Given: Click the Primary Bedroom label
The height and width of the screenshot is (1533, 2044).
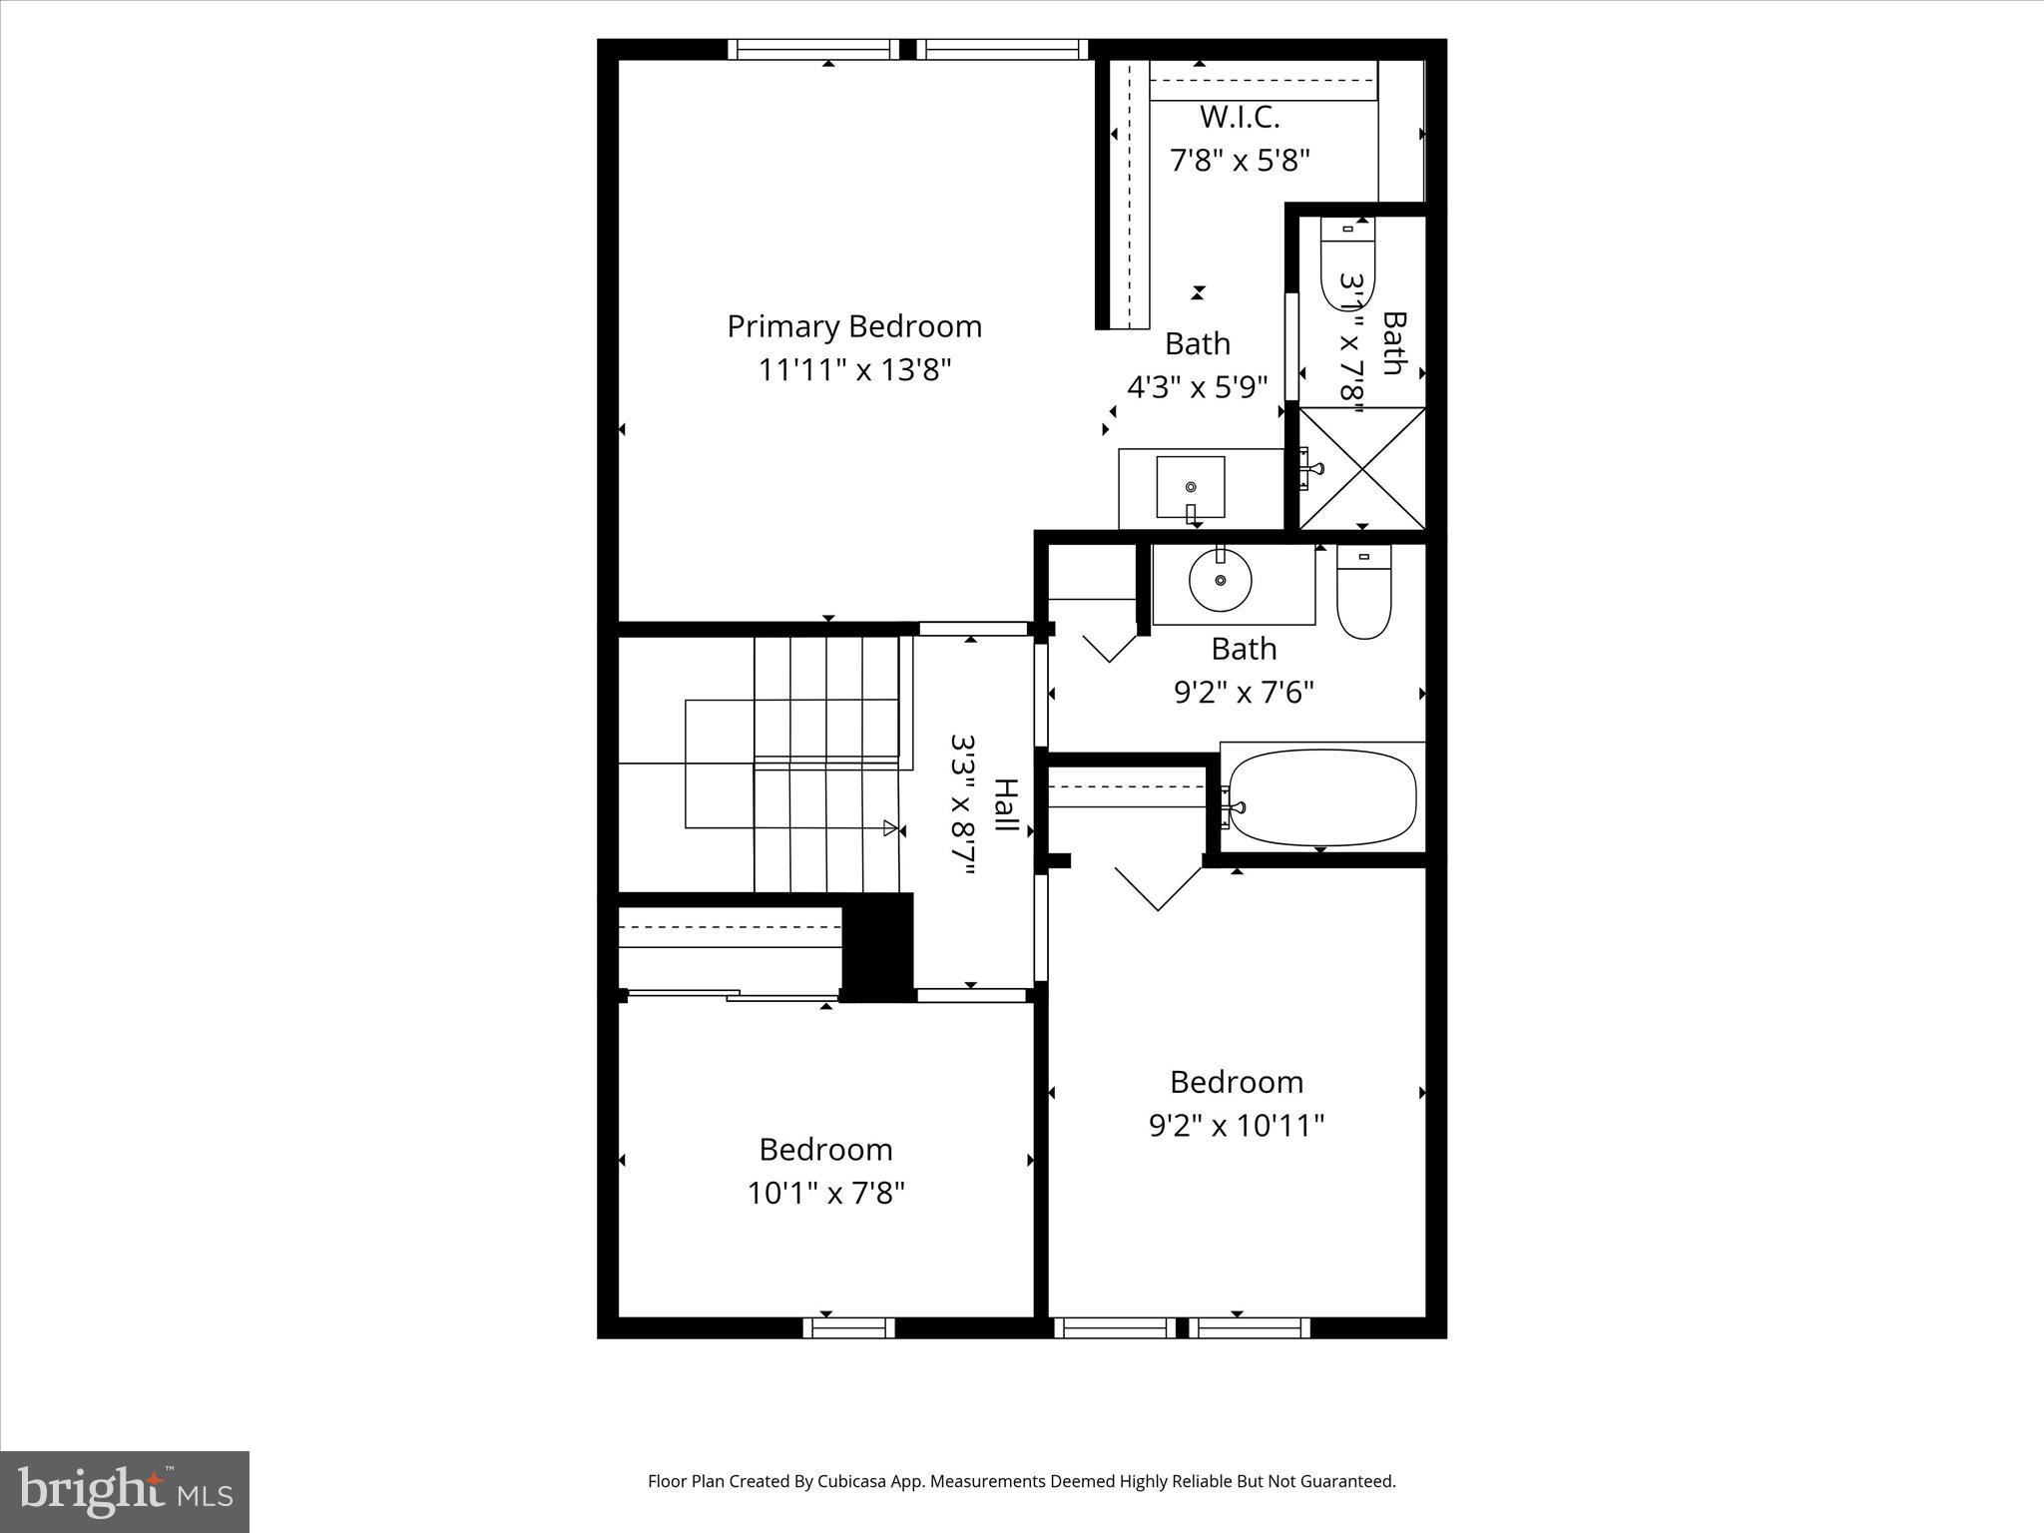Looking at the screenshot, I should point(854,326).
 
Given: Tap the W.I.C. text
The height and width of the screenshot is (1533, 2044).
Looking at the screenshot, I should point(1239,117).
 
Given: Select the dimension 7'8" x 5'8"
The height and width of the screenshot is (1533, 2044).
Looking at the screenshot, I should point(1239,160).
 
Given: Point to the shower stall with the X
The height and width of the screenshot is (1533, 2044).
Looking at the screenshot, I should point(1362,467).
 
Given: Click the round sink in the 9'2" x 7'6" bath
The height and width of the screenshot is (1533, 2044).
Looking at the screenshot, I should point(1220,580).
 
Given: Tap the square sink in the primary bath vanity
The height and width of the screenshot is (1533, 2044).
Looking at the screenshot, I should point(1191,487).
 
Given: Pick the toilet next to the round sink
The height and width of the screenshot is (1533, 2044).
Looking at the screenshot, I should point(1363,593).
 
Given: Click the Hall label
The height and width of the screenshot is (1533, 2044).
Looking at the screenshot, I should point(1005,806).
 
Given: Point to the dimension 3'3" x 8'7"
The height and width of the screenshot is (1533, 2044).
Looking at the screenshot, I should point(962,806).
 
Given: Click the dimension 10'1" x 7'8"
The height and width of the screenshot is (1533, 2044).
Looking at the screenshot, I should point(825,1193).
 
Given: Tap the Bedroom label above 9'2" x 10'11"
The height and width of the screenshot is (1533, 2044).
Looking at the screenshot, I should point(1236,1082).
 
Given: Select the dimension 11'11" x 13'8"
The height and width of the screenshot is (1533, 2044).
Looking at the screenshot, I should point(854,370).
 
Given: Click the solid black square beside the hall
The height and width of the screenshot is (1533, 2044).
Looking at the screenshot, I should point(878,943).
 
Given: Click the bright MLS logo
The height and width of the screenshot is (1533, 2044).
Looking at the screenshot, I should point(125,1491).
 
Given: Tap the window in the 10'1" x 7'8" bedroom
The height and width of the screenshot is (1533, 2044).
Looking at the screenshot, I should point(848,1327).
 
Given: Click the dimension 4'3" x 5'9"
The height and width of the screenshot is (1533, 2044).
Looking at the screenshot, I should point(1197,387).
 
